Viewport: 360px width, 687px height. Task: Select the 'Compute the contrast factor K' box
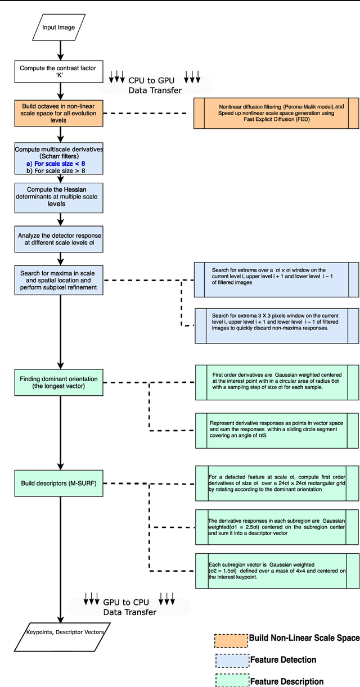click(x=58, y=71)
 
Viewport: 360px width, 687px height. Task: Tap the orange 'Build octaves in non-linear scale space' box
click(x=59, y=114)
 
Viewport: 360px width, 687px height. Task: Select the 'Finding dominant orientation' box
click(x=59, y=382)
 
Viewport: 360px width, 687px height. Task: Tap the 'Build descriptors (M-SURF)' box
click(x=59, y=483)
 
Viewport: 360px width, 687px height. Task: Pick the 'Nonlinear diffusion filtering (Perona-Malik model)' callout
click(x=276, y=114)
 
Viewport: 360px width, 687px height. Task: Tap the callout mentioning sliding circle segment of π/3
click(x=276, y=430)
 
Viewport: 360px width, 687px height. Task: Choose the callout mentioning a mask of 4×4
click(x=276, y=571)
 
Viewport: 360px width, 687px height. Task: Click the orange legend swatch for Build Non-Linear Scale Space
click(x=231, y=640)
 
